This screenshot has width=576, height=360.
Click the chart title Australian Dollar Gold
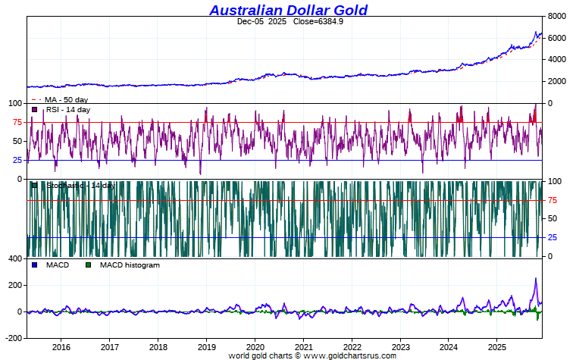click(x=288, y=10)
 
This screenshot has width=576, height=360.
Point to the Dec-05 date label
click(x=249, y=21)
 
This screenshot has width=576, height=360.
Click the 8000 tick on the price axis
click(x=557, y=16)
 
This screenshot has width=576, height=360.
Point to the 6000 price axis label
click(x=557, y=38)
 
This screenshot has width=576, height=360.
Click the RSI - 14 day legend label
click(x=68, y=110)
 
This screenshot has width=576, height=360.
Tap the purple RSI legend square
click(x=35, y=110)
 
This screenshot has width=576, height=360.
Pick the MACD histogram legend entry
click(x=130, y=265)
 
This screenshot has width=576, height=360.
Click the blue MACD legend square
click(x=35, y=265)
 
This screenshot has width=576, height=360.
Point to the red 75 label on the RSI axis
click(x=17, y=122)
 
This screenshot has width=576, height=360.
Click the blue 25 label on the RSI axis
click(x=17, y=160)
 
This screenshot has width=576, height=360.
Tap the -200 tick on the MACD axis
click(x=14, y=338)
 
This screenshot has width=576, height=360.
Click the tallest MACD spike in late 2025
click(x=535, y=279)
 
